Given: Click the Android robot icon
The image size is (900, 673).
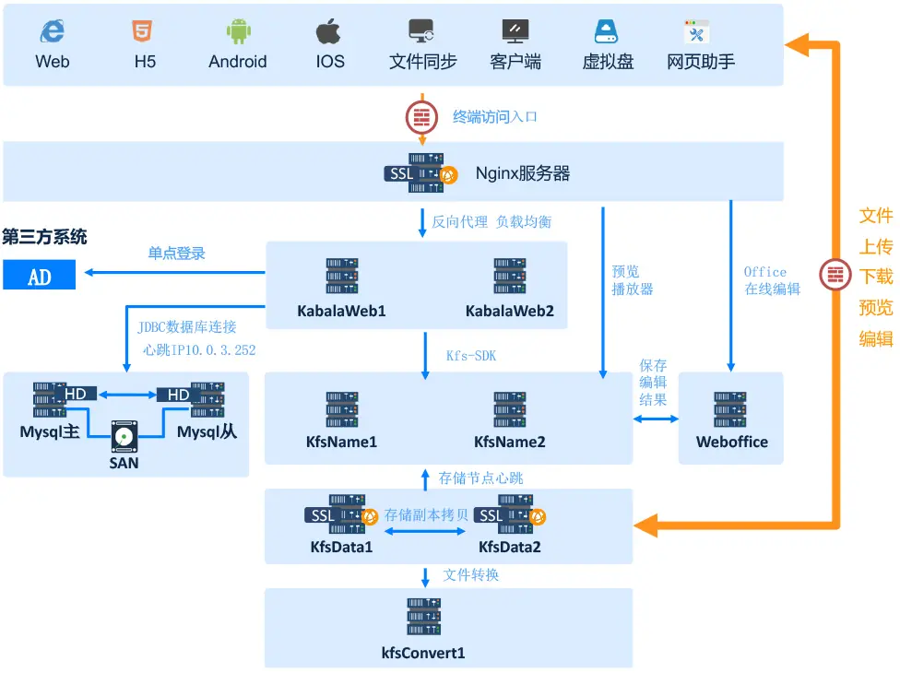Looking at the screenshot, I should (x=238, y=32).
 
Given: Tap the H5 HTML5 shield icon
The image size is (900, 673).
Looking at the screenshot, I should (x=143, y=32).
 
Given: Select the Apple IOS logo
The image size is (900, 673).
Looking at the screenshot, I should (x=329, y=32).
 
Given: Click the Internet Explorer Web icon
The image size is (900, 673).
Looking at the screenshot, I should (x=52, y=32).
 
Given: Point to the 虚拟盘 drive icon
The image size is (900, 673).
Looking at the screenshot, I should (x=607, y=32).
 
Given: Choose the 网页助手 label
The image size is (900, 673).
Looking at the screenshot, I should (x=701, y=63).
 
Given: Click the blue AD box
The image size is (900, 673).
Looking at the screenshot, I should (x=39, y=276).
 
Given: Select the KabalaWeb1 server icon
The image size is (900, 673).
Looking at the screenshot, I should (x=341, y=277).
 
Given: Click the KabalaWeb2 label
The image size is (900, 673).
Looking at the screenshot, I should (x=509, y=312).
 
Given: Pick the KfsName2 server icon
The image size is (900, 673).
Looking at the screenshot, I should (x=509, y=409).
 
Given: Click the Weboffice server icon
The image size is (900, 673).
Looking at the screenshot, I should (x=730, y=409).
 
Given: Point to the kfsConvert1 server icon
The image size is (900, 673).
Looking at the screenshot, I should (x=423, y=617).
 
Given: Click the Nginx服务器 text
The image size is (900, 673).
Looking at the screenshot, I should (x=523, y=173).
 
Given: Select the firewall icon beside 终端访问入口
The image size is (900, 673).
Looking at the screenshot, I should (x=422, y=117).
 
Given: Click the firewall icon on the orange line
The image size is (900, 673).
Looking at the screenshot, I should (x=836, y=275).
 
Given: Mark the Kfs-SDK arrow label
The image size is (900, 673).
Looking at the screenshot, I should (x=471, y=355).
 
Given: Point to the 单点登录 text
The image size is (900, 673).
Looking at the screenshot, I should (x=177, y=253).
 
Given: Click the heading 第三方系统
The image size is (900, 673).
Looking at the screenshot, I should (x=44, y=237).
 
